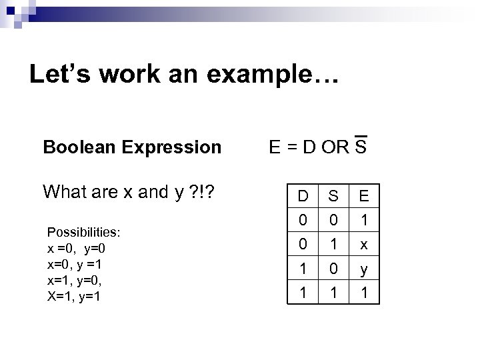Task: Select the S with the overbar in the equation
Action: click(361, 145)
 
